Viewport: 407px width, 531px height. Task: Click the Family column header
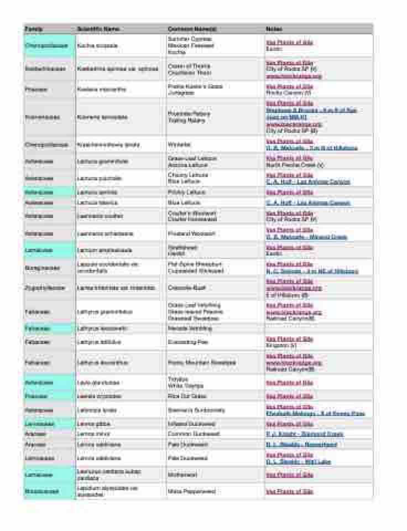click(x=34, y=29)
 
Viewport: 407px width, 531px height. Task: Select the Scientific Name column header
click(x=98, y=29)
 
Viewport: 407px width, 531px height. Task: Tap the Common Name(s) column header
click(x=192, y=29)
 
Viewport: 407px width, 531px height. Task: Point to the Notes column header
click(x=274, y=29)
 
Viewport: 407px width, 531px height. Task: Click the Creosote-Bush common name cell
click(x=187, y=288)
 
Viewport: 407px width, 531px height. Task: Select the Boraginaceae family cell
click(x=42, y=268)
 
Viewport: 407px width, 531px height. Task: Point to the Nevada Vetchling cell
click(x=190, y=329)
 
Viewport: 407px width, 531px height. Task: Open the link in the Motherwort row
click(x=289, y=475)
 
